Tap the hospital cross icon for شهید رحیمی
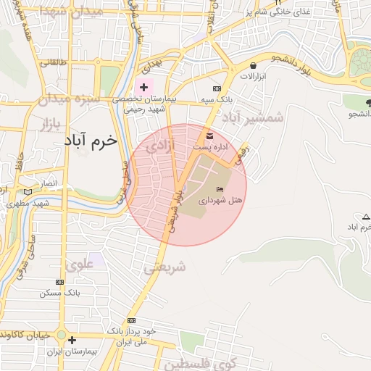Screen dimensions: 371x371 click(143, 86)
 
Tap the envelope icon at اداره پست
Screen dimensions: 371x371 click(210, 136)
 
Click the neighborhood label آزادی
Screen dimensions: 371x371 click(160, 147)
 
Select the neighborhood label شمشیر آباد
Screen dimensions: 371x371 click(254, 117)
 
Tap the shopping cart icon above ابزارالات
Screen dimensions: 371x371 click(232, 65)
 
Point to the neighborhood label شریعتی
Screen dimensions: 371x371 click(164, 267)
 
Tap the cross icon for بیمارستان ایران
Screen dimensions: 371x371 click(71, 339)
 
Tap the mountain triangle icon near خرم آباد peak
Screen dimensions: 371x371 click(364, 217)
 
